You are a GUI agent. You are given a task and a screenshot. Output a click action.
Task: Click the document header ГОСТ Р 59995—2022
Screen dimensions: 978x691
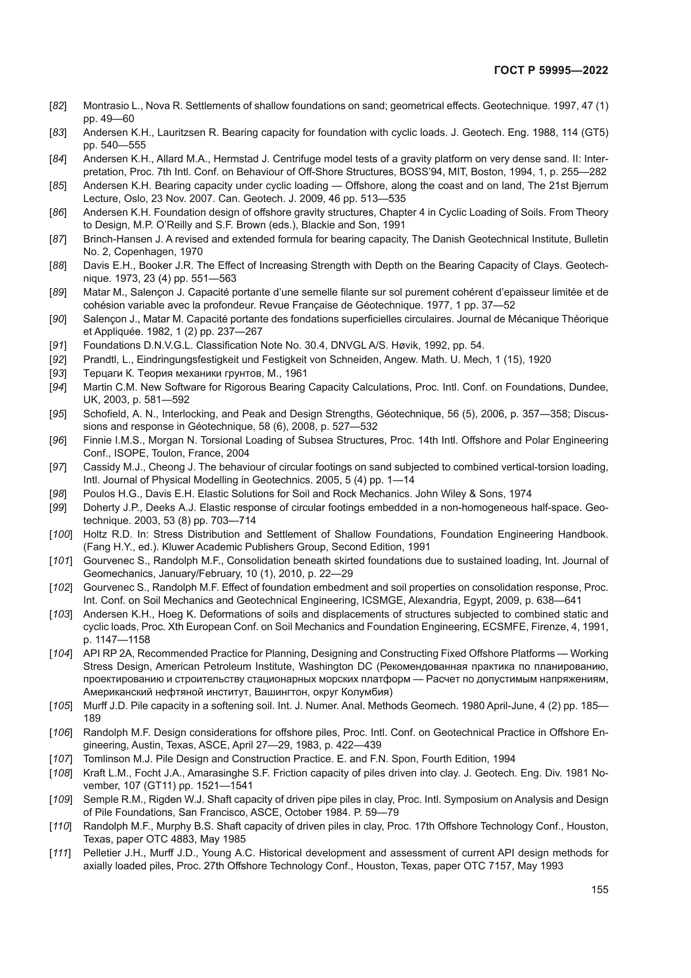(551, 70)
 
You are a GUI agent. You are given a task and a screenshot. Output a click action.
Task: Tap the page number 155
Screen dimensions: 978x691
(600, 890)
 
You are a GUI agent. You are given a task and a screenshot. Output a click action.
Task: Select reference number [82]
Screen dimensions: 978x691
(58, 106)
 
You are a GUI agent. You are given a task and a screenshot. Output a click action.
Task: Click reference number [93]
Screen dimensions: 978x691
(58, 373)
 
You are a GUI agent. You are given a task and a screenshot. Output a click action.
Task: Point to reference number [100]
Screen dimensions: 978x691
(61, 534)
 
